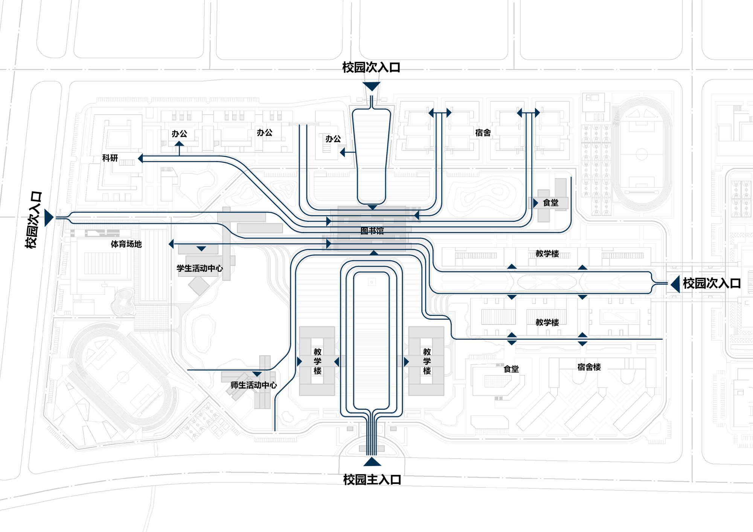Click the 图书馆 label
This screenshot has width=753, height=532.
point(372,231)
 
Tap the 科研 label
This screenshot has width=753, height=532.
point(110,158)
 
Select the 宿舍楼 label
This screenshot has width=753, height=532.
point(589,367)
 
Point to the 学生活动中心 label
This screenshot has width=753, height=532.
point(200,268)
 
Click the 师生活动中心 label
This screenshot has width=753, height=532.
point(253,385)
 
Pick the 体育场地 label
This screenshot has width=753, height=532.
point(126,244)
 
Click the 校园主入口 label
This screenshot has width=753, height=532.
point(372,480)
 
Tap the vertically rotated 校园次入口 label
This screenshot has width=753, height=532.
point(34,220)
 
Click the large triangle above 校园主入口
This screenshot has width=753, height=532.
point(372,462)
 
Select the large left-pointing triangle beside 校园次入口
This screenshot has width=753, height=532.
point(675,284)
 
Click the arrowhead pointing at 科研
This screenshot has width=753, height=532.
point(140,158)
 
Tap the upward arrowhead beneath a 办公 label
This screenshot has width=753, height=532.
point(179,144)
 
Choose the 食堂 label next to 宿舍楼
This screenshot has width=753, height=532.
point(511,369)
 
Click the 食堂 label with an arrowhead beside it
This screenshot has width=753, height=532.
point(550,203)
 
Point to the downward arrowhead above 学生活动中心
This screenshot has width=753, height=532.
point(201,249)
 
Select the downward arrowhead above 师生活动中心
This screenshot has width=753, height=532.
point(257,374)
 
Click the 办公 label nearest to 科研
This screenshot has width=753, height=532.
point(179,134)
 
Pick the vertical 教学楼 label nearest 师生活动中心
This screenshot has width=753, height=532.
point(317,361)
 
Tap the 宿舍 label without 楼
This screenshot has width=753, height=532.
point(483,132)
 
